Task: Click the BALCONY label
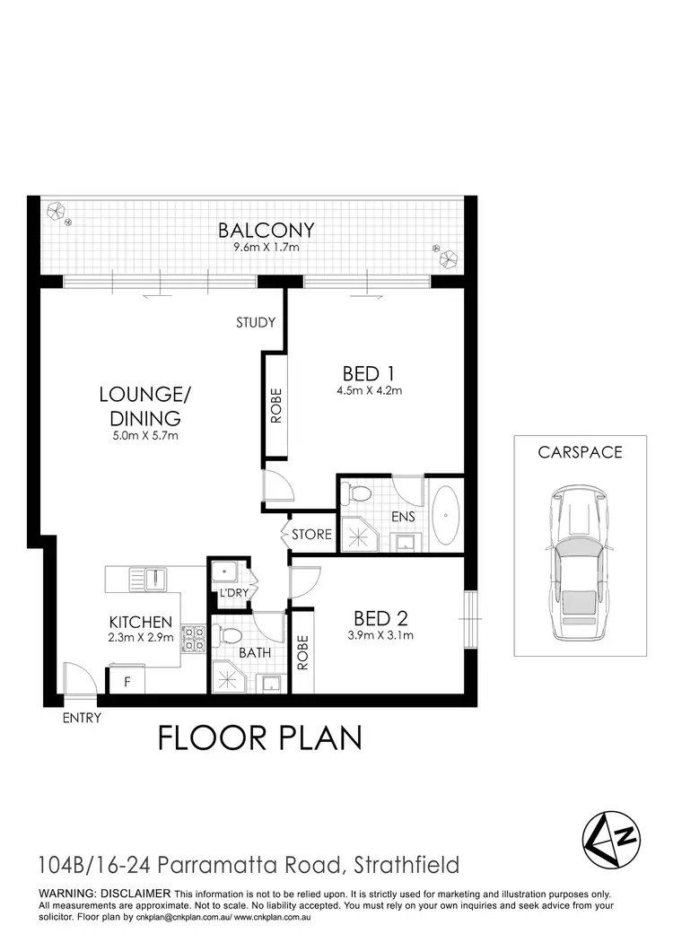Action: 266,231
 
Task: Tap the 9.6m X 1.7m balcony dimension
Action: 266,246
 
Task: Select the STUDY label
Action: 256,323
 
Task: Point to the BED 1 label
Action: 369,372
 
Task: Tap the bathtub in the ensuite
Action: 445,517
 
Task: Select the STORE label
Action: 311,536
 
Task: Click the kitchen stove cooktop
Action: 194,638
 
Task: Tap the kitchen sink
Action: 152,579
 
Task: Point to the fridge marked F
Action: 127,682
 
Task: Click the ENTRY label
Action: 82,718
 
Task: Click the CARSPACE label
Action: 580,453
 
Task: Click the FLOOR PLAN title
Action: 260,738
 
